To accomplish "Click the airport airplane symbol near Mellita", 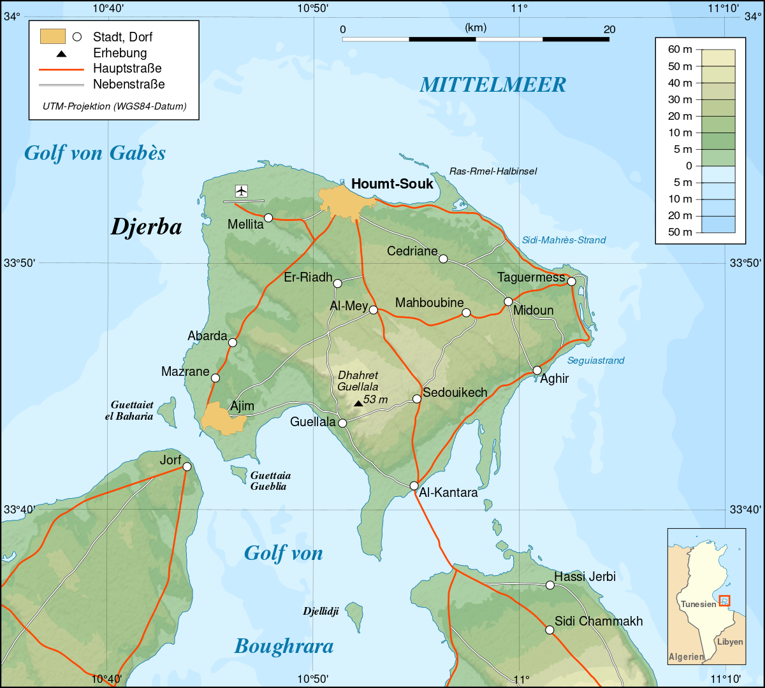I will click(241, 190).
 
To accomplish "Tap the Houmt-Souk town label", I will click(392, 184).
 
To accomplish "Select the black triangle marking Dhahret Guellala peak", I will click(358, 403).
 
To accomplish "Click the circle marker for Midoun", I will click(508, 301).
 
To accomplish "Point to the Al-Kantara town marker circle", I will click(414, 485).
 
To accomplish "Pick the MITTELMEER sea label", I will click(493, 85).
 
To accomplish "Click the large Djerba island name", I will click(146, 227).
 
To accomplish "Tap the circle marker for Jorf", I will click(187, 466).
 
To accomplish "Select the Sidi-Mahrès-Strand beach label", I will click(564, 240).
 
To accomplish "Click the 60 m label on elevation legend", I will click(680, 50).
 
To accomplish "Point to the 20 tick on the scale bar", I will click(609, 29).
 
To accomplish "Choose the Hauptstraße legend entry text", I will click(127, 68).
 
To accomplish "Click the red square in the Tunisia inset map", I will click(724, 600).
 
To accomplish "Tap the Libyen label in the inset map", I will click(730, 641).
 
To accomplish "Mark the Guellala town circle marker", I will click(342, 423).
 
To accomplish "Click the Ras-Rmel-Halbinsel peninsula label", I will click(493, 171).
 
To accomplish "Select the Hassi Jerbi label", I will click(585, 577).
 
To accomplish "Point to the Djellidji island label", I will click(320, 612).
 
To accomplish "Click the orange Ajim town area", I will click(220, 419).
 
